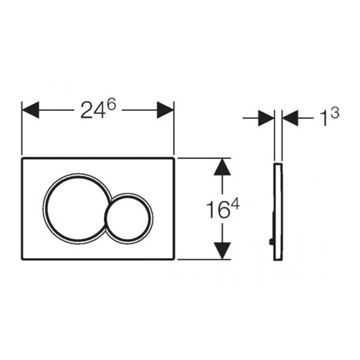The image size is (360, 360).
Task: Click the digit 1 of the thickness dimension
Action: click(x=325, y=119)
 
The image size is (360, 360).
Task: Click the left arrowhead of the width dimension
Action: click(x=30, y=110)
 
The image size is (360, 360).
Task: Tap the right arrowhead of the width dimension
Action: click(x=165, y=110)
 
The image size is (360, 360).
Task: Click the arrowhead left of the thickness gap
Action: click(x=266, y=118)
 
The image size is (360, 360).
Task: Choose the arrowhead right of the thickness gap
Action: click(x=290, y=118)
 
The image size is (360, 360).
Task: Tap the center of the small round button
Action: click(x=129, y=218)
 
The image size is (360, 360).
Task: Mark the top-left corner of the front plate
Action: click(x=22, y=158)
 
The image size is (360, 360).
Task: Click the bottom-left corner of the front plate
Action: click(x=22, y=259)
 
